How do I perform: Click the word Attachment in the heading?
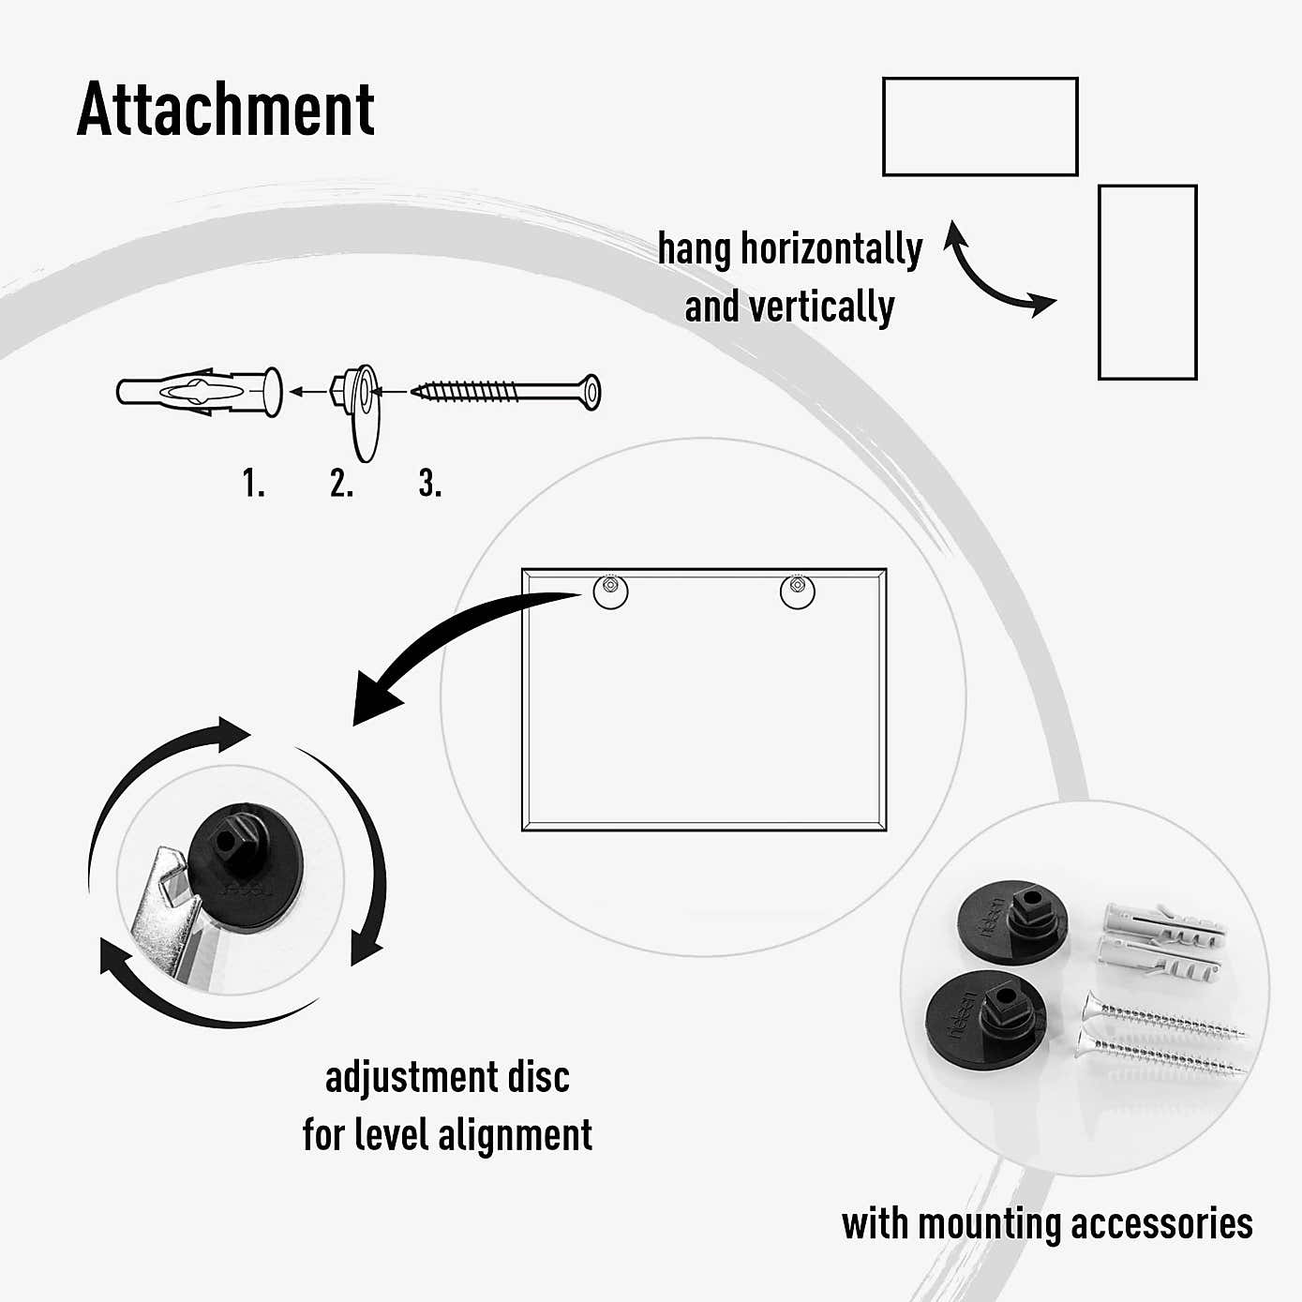click(x=226, y=110)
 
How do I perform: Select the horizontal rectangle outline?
click(x=980, y=79)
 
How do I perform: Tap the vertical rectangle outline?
click(x=1100, y=282)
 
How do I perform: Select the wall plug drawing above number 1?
click(x=200, y=392)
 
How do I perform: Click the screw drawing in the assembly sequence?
click(x=505, y=392)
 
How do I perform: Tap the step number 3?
click(x=429, y=483)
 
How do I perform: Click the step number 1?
click(x=253, y=483)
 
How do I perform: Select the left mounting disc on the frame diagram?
click(x=611, y=591)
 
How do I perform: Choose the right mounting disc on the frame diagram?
click(x=798, y=591)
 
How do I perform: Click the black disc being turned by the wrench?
click(x=246, y=865)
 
